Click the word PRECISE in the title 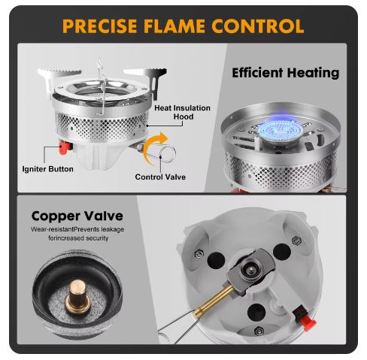100,26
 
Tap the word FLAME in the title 174,26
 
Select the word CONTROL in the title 258,26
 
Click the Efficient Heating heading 286,73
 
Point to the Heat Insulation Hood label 182,112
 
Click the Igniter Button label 47,169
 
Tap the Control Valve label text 160,177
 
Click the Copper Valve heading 77,216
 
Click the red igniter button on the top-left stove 65,147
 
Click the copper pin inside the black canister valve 78,296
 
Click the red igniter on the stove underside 305,317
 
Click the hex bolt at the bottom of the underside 259,331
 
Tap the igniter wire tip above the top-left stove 99,61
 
